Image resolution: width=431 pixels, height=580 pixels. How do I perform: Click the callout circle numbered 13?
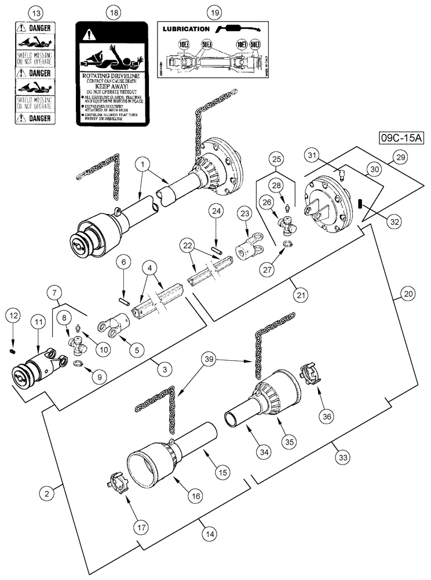[x=36, y=12]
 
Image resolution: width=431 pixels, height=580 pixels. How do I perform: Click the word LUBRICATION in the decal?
[x=187, y=28]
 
